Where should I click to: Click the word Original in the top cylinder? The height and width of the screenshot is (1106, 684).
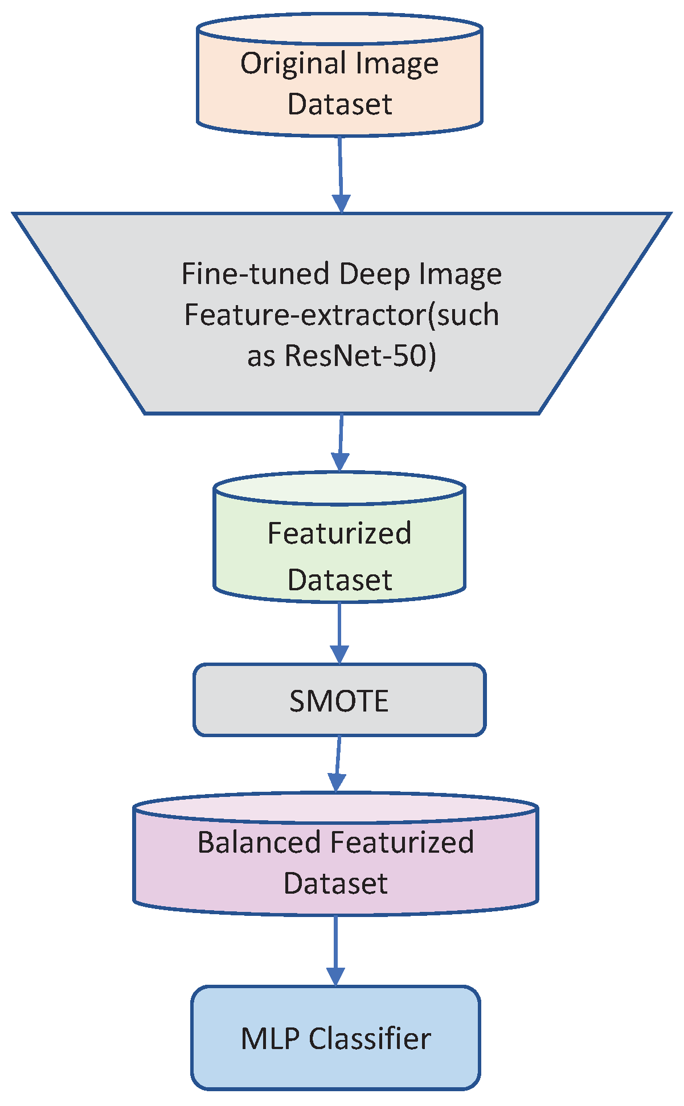tap(289, 63)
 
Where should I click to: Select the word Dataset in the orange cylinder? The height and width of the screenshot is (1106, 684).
tap(340, 104)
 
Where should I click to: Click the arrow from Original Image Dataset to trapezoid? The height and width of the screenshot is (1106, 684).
tap(341, 174)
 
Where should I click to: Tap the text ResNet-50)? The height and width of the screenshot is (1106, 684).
tap(360, 356)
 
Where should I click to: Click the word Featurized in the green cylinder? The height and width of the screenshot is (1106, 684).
tap(339, 534)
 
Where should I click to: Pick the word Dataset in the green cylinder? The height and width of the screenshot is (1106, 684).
tap(340, 580)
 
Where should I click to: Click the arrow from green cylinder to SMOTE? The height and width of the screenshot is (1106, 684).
tap(339, 632)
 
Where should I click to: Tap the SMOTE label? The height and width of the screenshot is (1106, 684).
tap(339, 701)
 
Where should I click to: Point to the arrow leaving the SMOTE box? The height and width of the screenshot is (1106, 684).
tap(338, 763)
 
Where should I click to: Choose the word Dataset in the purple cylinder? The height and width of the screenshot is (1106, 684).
tap(335, 883)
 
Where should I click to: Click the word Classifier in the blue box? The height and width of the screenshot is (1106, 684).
tap(370, 1039)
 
